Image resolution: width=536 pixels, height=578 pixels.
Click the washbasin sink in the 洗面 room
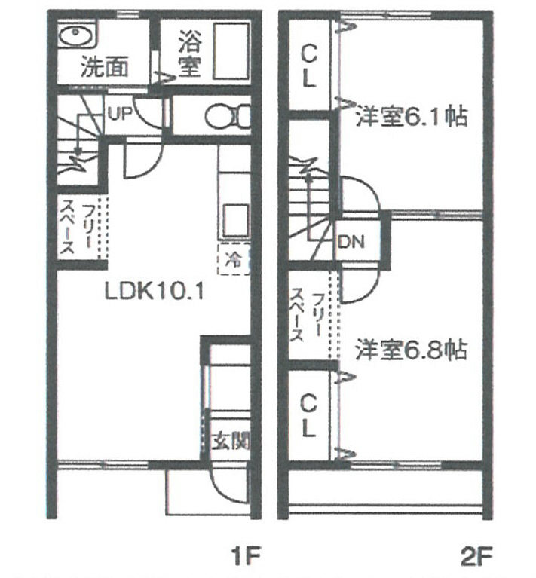75,35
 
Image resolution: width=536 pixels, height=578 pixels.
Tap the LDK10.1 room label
155,289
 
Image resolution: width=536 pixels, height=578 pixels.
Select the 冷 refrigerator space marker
233,260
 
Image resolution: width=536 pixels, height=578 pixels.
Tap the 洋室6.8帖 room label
411,350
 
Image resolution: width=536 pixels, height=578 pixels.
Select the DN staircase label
351,243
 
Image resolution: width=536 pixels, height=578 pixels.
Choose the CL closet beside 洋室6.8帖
308,416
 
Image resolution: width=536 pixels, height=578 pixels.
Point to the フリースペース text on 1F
78,226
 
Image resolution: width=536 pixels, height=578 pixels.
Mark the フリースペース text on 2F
310,315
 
